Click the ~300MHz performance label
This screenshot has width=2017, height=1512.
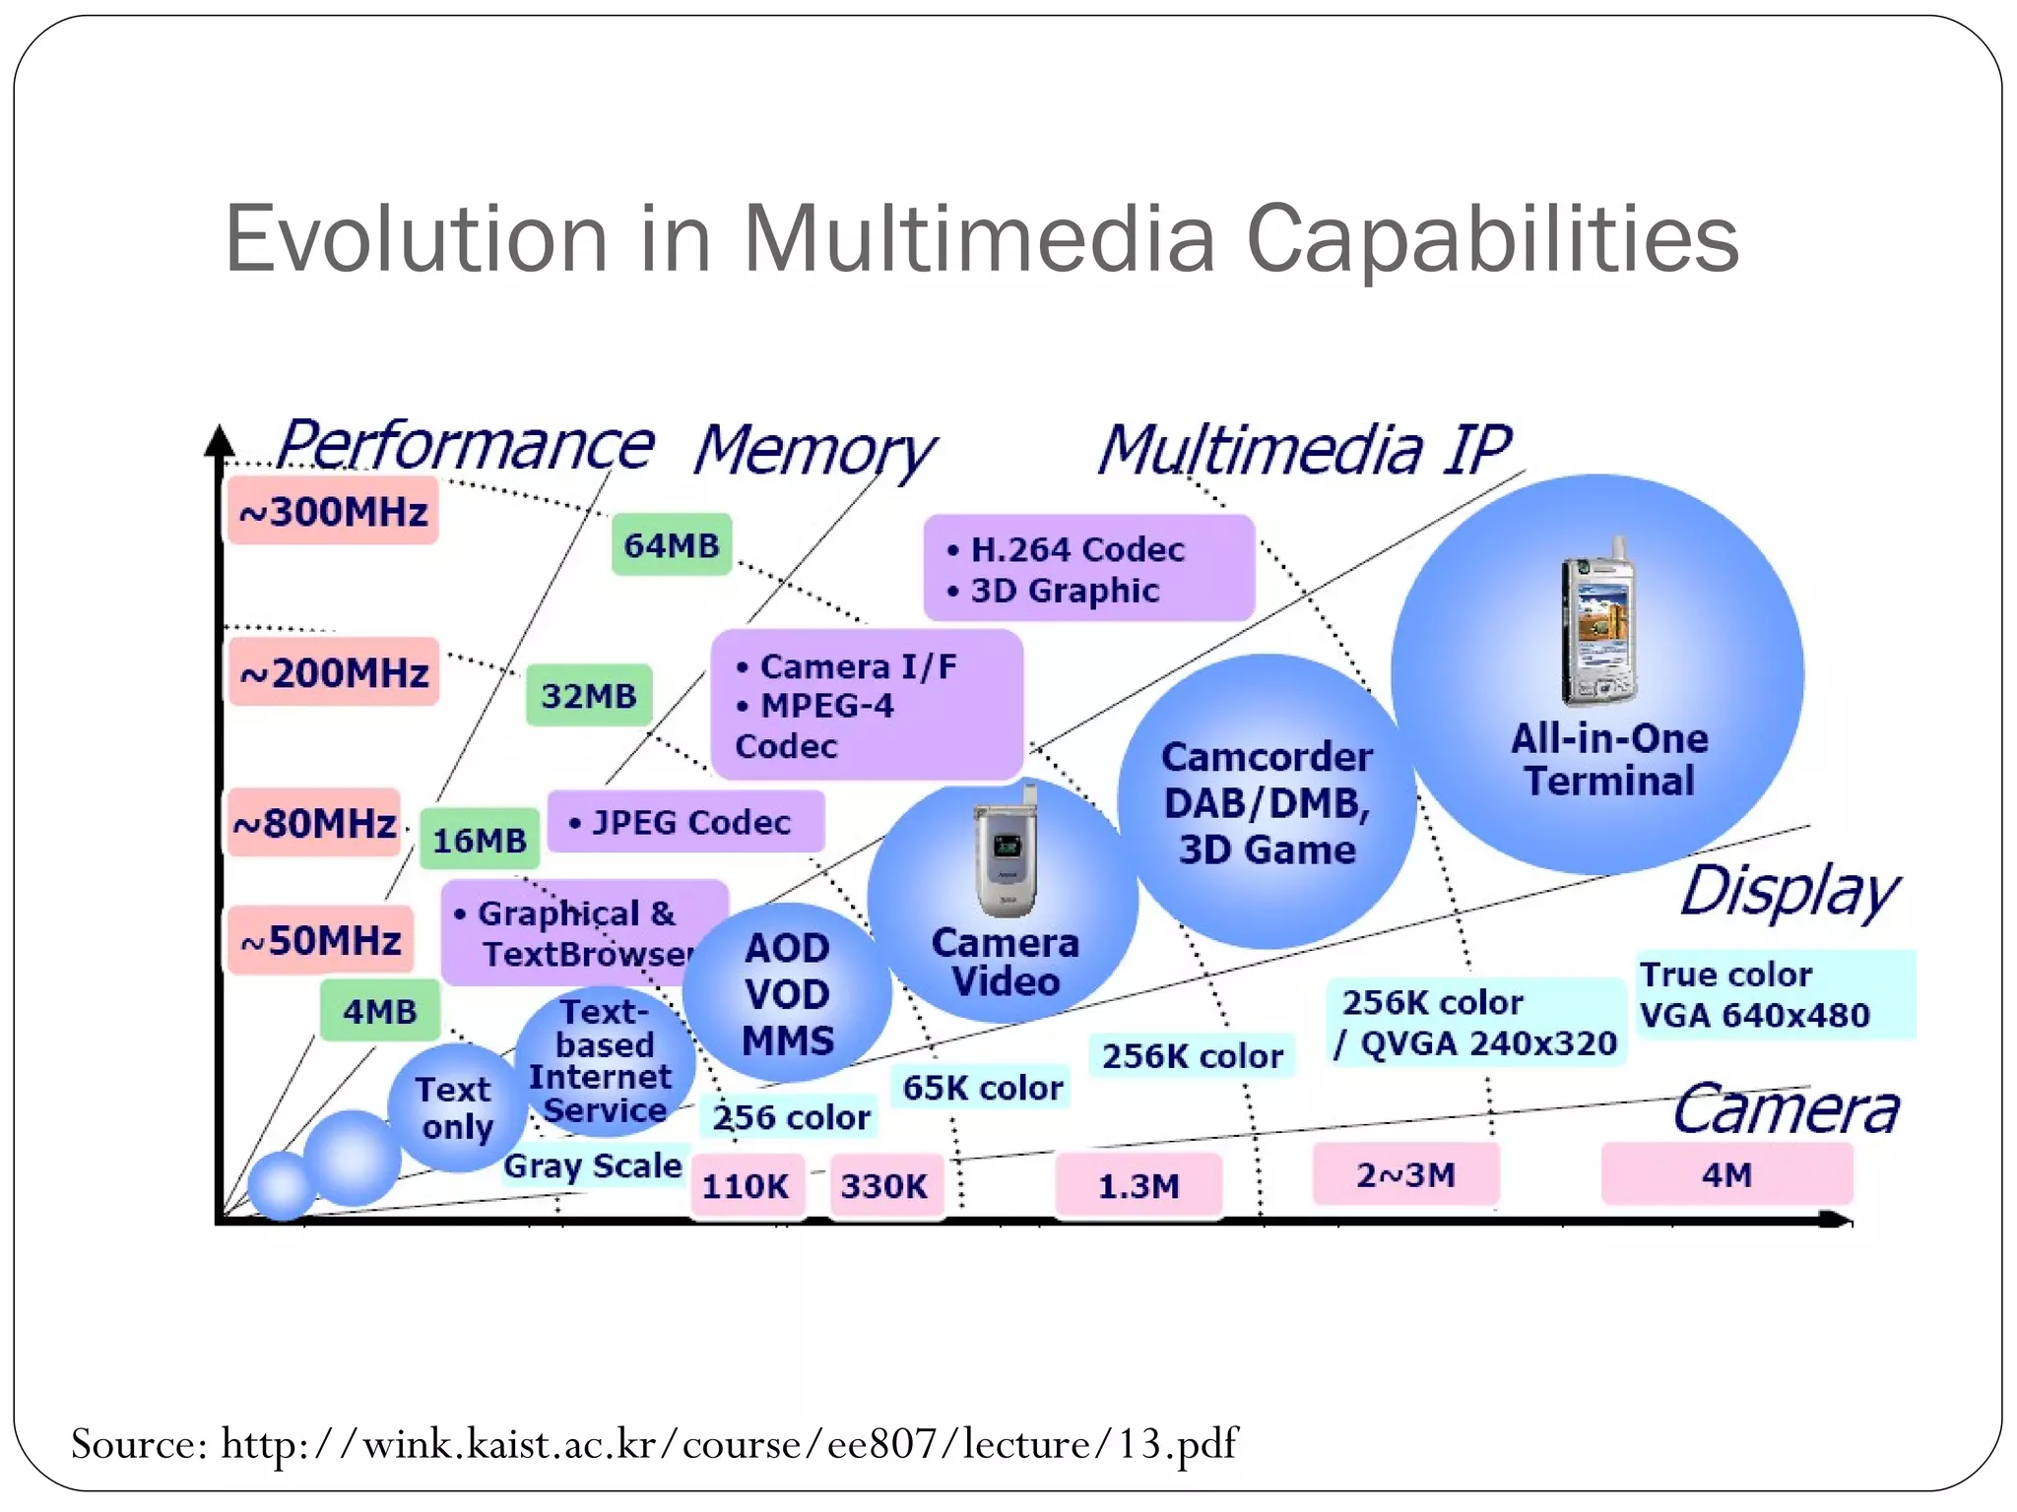(333, 511)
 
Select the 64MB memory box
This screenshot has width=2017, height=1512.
(672, 544)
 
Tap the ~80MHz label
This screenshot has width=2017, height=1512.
(314, 823)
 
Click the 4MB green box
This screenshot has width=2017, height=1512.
(380, 1011)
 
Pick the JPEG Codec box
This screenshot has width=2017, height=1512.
(685, 822)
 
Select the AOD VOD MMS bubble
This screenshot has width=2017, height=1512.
(787, 994)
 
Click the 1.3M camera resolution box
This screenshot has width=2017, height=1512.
(1139, 1185)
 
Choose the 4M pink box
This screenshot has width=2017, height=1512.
(1726, 1174)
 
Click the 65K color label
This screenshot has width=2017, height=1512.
(982, 1088)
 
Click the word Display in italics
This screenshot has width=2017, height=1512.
(1789, 892)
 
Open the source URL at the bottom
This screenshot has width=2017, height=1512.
(729, 1444)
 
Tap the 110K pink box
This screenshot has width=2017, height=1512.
(746, 1186)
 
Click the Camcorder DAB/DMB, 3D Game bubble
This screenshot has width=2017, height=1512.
(1267, 802)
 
